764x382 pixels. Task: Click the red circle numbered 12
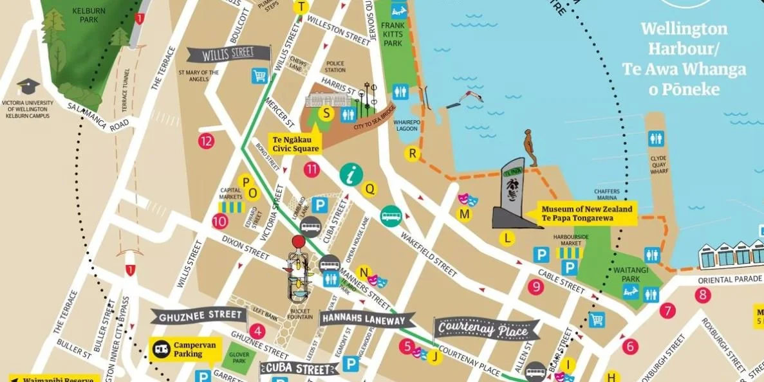click(x=206, y=141)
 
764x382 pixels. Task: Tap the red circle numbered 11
click(x=312, y=170)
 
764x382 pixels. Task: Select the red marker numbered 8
click(x=703, y=295)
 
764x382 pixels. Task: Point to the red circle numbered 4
click(x=257, y=332)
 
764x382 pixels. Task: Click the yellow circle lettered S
click(x=327, y=114)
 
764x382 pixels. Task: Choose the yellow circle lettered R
click(x=412, y=153)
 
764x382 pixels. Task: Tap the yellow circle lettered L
click(x=508, y=239)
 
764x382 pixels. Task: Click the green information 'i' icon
click(x=351, y=174)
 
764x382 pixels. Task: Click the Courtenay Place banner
click(x=487, y=329)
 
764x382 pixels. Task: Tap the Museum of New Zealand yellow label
click(x=586, y=214)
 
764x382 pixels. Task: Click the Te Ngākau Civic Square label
click(x=295, y=143)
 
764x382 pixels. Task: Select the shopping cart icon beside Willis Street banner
click(x=260, y=76)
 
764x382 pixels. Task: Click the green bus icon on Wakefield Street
click(x=391, y=215)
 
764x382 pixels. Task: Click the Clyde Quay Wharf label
click(x=658, y=165)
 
